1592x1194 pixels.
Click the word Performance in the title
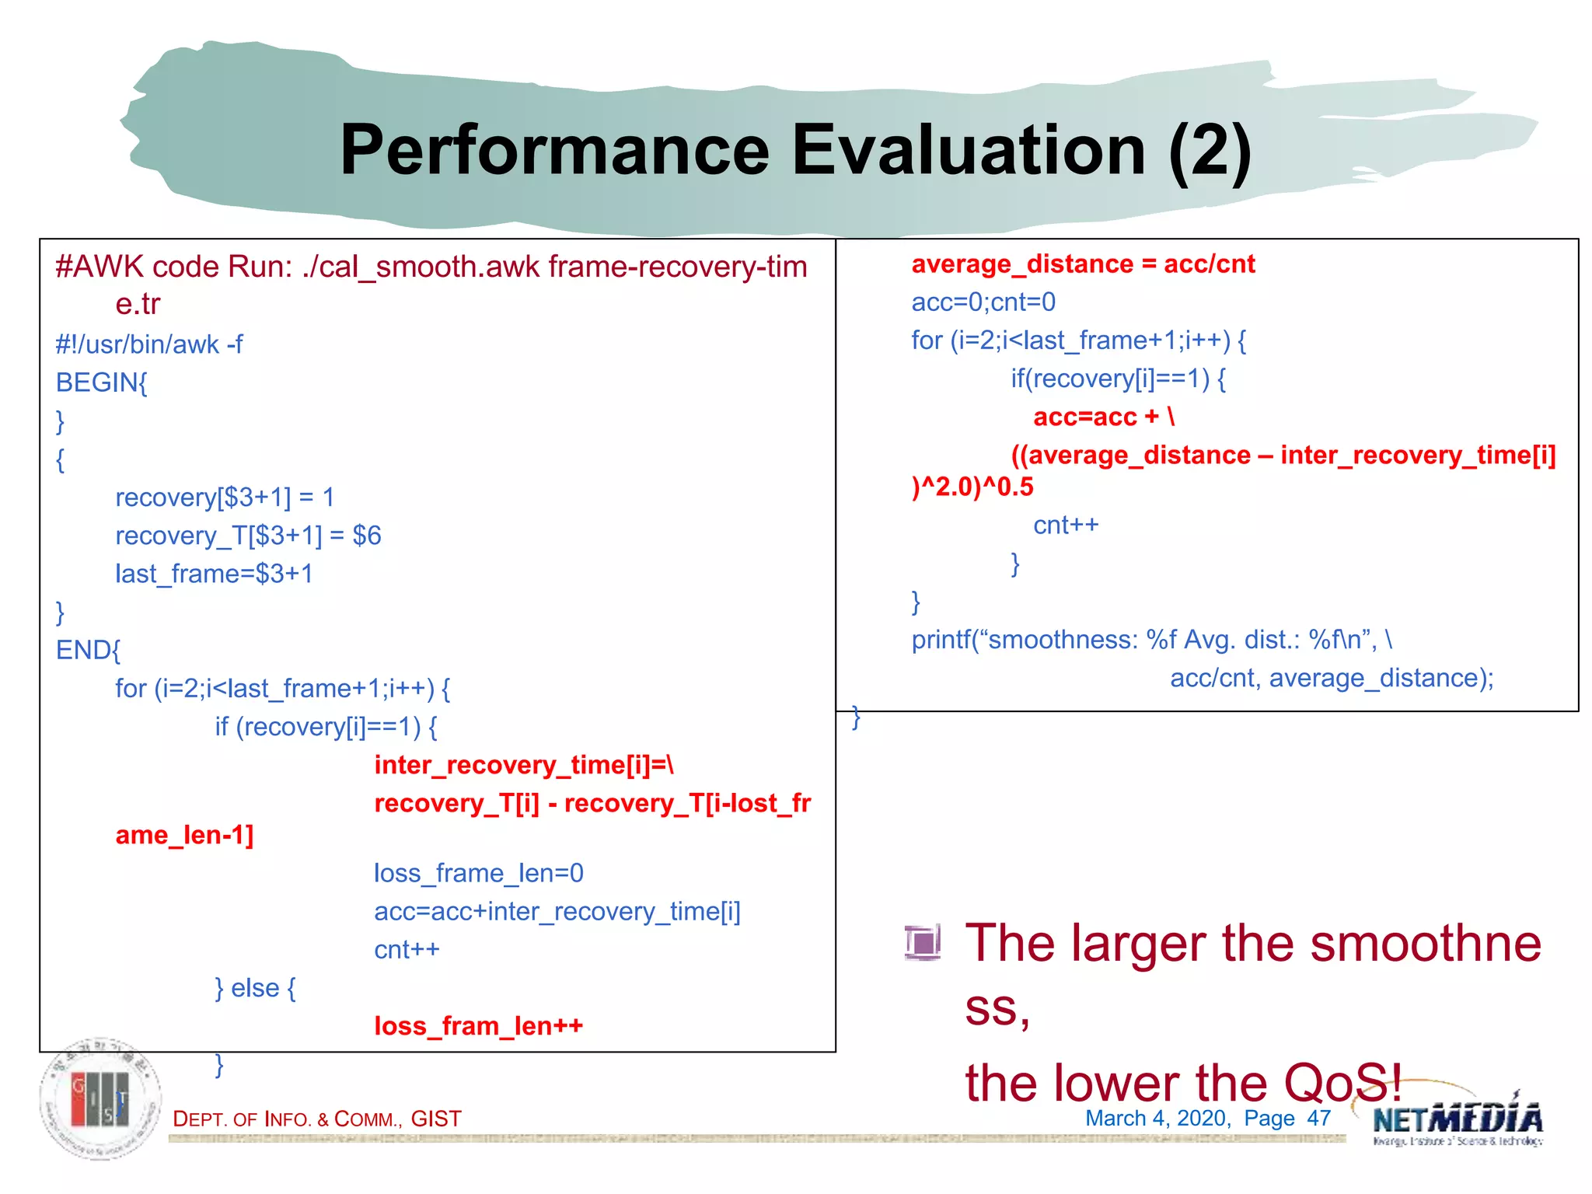tap(554, 150)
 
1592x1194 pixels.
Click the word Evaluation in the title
tap(968, 150)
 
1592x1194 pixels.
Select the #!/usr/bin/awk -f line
tap(149, 344)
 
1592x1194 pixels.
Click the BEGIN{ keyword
tap(101, 382)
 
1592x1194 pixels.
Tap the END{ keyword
tap(88, 650)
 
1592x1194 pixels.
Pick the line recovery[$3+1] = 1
tap(225, 497)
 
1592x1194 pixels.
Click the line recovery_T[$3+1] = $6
tap(248, 536)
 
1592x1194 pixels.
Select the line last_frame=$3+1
tap(214, 574)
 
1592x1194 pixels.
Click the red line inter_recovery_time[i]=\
tap(523, 765)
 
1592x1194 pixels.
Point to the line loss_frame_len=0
tap(478, 873)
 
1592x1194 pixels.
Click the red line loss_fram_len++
tap(478, 1026)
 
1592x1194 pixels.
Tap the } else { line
tap(255, 988)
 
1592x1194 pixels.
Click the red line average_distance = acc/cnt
tap(1083, 264)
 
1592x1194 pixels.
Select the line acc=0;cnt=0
tap(983, 302)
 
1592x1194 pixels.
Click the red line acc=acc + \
tap(1104, 417)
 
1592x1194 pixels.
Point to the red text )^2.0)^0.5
tap(972, 487)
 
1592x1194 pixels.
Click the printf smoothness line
tap(1151, 640)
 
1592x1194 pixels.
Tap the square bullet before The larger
tap(923, 942)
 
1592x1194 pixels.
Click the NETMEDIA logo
tap(1457, 1120)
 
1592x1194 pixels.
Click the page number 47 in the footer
tap(1318, 1119)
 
